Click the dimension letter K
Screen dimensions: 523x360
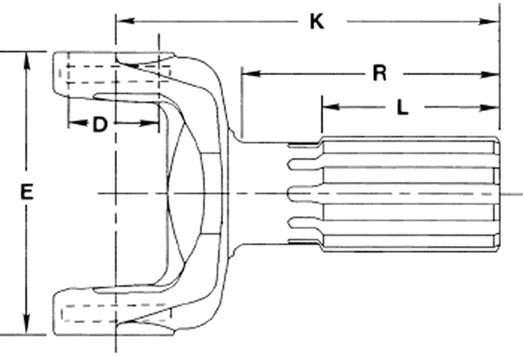tap(317, 22)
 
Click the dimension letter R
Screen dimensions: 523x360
tap(380, 74)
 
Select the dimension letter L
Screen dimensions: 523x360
tap(403, 108)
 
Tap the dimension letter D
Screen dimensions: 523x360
tap(100, 125)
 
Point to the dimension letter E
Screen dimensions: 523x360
tap(27, 192)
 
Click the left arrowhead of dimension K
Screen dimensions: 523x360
tap(126, 21)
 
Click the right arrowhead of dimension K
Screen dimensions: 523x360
tap(489, 22)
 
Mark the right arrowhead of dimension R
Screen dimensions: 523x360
tap(489, 74)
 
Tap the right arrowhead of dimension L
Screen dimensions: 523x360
tap(489, 108)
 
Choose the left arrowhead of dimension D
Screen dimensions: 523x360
tap(77, 123)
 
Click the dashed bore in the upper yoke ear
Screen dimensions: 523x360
tap(115, 74)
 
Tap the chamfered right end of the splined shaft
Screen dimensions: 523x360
tap(496, 193)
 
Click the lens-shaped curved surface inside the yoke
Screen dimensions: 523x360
tap(185, 193)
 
